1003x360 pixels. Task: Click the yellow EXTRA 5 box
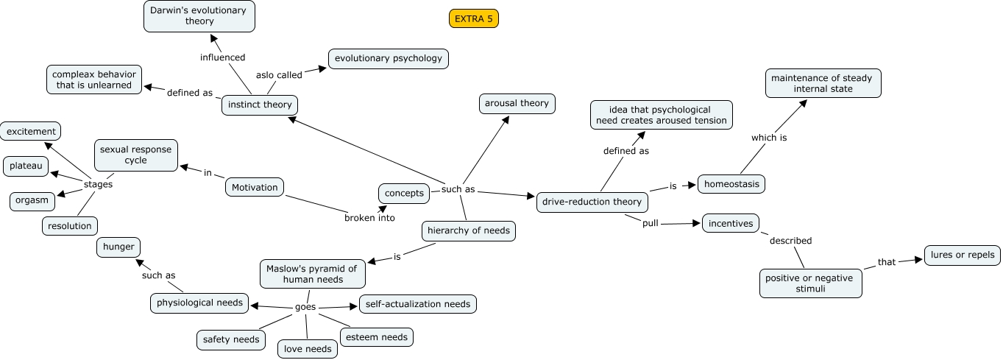[474, 19]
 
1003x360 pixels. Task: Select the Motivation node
[255, 187]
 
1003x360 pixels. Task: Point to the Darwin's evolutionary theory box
[199, 15]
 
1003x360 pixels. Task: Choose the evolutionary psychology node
[389, 58]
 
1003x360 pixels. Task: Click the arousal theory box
[517, 103]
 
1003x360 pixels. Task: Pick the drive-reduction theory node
[592, 201]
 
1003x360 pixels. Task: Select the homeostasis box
[731, 183]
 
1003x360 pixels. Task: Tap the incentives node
[730, 222]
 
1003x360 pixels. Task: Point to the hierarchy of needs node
[468, 230]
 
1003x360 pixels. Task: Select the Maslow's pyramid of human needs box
[313, 273]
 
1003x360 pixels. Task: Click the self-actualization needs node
[418, 303]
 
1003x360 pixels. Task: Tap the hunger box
[118, 247]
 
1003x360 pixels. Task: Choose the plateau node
[26, 166]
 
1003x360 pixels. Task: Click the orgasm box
[32, 200]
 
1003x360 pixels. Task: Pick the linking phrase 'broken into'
[369, 218]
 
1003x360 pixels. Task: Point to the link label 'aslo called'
[279, 75]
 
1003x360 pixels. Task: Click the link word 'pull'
[650, 223]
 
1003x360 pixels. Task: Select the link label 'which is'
[769, 138]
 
